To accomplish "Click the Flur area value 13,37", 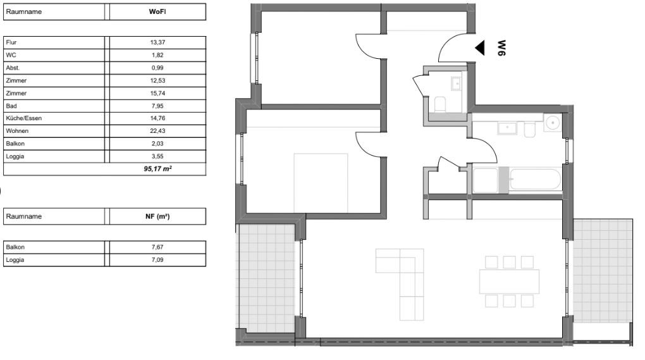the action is [157, 42].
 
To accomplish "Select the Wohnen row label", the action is [17, 131].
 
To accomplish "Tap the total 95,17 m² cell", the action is [157, 169].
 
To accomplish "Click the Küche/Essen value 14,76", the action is [157, 118].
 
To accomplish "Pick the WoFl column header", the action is [157, 11].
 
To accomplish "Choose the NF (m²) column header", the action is [157, 216].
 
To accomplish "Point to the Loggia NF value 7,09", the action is [157, 259].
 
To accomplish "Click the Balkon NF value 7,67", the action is [157, 247].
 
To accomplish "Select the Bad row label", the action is [11, 106].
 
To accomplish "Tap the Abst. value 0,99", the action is [157, 68].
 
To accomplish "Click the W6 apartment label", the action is [501, 47].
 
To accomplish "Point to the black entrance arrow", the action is [480, 47].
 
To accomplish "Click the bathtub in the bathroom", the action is [535, 180].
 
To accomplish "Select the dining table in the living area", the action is [509, 282].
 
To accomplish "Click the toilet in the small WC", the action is [439, 104].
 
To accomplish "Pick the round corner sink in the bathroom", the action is [553, 123].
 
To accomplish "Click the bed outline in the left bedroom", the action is [321, 183].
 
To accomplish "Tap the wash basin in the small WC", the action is [456, 84].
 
